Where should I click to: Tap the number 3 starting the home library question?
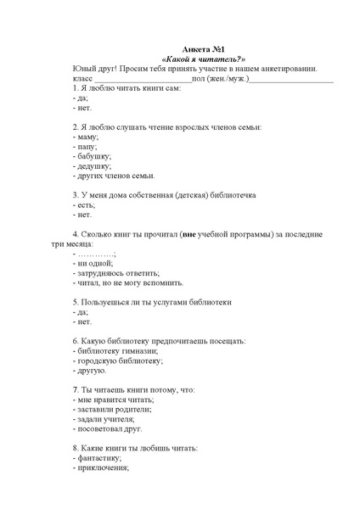[76, 195]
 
